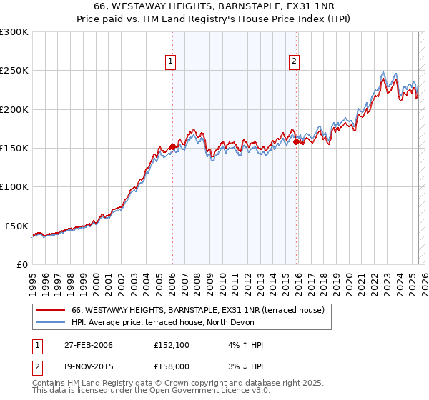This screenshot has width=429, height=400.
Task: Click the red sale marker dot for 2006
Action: pos(172,146)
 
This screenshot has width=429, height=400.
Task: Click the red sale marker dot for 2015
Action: pos(296,141)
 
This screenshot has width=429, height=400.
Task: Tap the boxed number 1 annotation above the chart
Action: pos(172,62)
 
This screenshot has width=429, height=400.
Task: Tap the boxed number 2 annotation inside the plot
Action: pos(295,62)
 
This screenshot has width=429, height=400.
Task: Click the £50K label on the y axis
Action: pos(17,226)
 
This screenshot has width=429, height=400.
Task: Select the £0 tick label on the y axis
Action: pos(23,264)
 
